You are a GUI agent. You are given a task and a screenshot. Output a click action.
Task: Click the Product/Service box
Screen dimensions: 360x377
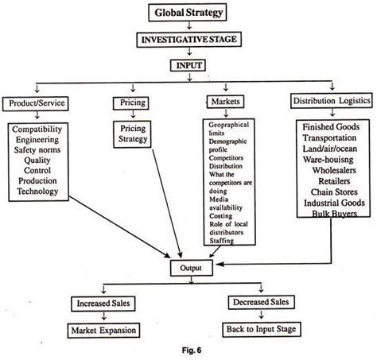38,103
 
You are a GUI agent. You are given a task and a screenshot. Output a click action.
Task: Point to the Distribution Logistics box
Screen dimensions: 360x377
325,103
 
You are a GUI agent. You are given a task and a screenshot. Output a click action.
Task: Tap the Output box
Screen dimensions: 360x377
189,269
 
